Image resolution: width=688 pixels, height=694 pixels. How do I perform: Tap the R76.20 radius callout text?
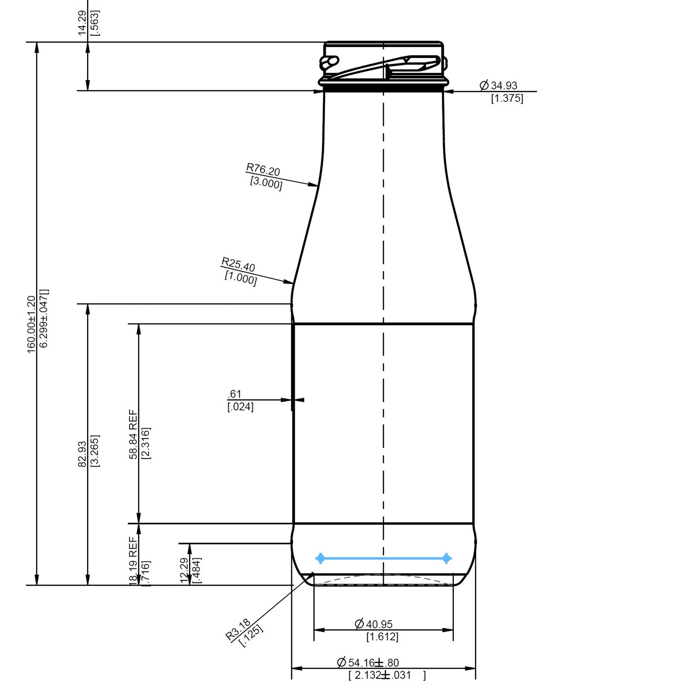[x=263, y=170]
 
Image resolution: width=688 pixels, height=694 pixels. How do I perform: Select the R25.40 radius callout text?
[x=238, y=264]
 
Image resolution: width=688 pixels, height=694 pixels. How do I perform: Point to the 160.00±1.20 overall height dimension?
[x=31, y=324]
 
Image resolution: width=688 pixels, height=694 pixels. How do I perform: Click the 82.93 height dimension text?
[x=82, y=454]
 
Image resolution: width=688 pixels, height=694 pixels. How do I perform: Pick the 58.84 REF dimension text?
[x=133, y=435]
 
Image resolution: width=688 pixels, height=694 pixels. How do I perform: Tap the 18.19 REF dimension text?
[x=133, y=560]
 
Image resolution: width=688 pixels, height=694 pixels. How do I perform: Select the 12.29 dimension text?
[x=185, y=570]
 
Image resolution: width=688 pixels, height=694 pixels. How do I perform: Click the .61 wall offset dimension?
[x=235, y=394]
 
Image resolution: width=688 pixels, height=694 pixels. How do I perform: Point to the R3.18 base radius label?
[x=238, y=629]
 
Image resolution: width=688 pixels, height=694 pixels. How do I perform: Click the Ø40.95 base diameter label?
[x=374, y=624]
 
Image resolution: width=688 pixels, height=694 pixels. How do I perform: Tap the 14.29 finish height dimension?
[x=82, y=23]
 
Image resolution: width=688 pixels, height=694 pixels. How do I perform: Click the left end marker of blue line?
[x=320, y=558]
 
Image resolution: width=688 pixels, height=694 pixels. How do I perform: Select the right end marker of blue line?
[x=447, y=558]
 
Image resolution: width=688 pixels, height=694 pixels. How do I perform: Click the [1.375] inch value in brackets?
[x=507, y=98]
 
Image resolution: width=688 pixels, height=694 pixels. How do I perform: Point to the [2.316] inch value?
[x=146, y=443]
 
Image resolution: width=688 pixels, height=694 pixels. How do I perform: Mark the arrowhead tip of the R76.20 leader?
[x=318, y=186]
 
